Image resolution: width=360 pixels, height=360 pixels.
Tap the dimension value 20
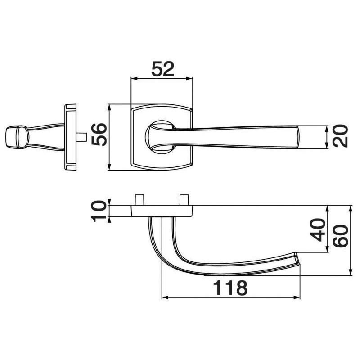[x=341, y=136]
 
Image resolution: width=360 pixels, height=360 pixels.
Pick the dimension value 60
[x=341, y=235]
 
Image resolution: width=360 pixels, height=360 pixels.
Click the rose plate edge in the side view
[x=71, y=137]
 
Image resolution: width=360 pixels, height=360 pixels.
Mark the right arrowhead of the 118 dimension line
[x=298, y=297]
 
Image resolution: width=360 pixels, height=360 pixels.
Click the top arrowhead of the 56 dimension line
[x=110, y=107]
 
